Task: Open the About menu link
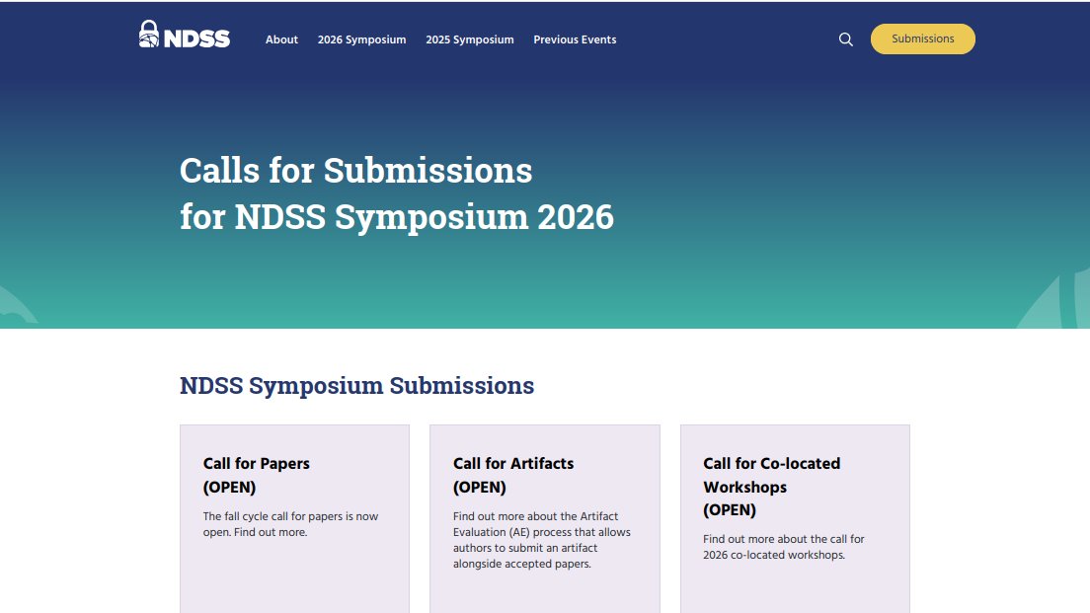click(x=281, y=39)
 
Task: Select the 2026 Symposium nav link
click(x=361, y=39)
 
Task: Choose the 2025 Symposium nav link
click(x=470, y=39)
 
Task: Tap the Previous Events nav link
click(x=575, y=39)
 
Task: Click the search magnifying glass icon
click(x=846, y=39)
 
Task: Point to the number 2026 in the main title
click(x=576, y=217)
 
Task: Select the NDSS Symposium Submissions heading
click(x=356, y=386)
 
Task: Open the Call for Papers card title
click(x=257, y=463)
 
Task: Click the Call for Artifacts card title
click(x=513, y=463)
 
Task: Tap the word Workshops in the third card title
click(x=745, y=487)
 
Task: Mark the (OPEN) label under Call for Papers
click(x=229, y=487)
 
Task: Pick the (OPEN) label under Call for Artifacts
click(x=479, y=487)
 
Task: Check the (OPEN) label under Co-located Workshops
click(x=730, y=510)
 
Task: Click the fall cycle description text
click(x=290, y=524)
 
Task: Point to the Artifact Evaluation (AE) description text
click(x=541, y=540)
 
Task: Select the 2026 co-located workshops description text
click(x=783, y=547)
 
